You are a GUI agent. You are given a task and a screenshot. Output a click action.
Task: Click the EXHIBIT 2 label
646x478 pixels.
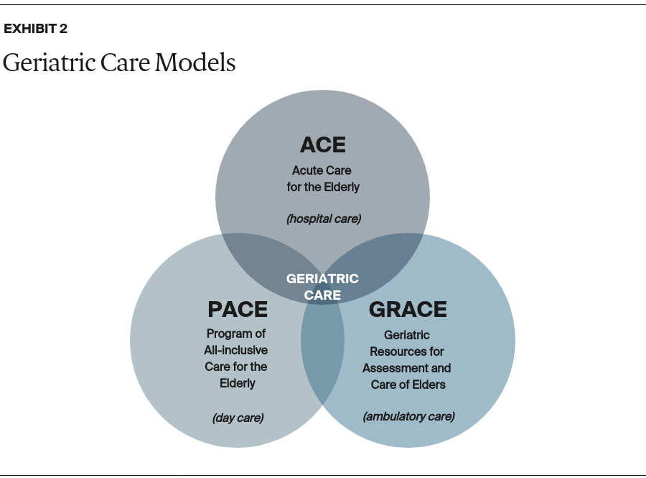[35, 29]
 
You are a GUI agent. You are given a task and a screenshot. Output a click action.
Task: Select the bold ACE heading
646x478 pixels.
[322, 144]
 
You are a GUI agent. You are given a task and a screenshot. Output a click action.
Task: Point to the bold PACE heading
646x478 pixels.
[237, 310]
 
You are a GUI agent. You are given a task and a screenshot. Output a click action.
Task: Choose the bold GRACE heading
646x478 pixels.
[407, 310]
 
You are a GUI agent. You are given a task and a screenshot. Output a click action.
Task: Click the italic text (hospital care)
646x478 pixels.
[323, 219]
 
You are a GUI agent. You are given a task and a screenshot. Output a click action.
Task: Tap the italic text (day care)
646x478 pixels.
[238, 418]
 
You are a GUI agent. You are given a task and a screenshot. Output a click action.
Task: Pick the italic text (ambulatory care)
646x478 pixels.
[408, 416]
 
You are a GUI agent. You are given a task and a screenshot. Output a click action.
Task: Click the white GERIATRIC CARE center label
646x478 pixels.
[322, 286]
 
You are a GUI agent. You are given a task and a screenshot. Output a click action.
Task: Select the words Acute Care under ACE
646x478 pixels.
[322, 171]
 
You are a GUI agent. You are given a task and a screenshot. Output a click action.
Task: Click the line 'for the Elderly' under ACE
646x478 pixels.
[322, 188]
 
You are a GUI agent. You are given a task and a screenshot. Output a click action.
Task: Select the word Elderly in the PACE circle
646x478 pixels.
[238, 383]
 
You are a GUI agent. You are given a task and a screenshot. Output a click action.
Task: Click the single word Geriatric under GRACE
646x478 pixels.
[406, 335]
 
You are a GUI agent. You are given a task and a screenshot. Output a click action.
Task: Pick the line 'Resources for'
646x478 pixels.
[406, 351]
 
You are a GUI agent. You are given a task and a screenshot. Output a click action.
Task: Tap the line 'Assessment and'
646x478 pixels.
[406, 368]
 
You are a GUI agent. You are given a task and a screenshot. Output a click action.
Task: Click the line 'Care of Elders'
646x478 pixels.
[408, 385]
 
